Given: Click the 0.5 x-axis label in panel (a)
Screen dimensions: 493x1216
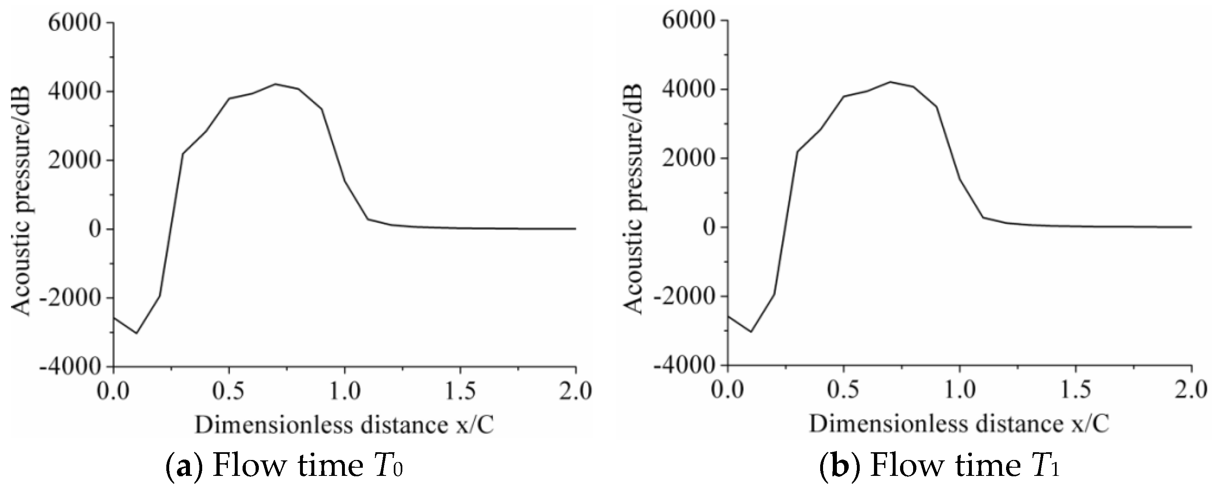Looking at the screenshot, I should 230,392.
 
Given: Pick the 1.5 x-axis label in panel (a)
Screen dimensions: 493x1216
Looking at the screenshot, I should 460,392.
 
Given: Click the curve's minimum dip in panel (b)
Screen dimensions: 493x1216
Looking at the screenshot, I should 751,332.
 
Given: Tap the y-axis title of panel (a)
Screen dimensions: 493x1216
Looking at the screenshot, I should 21,200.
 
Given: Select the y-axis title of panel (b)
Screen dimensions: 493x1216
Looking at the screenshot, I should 635,198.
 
